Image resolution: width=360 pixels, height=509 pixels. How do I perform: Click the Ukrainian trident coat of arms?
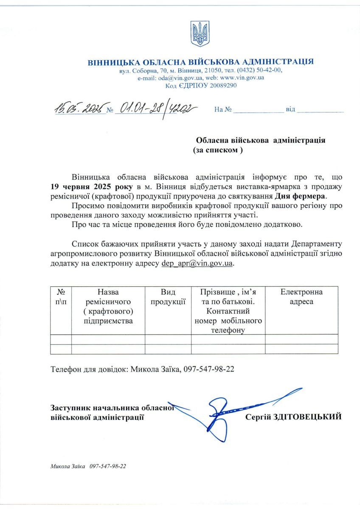(200, 34)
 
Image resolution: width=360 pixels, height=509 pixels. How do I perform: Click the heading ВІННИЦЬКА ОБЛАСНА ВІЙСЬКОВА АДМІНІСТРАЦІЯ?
(200, 62)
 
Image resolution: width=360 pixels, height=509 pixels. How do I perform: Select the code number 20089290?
(219, 86)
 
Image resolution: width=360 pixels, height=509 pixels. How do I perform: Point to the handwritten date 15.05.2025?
(79, 109)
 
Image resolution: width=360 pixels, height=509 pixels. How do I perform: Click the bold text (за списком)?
(217, 150)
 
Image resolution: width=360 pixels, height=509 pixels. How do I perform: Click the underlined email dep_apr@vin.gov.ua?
(197, 263)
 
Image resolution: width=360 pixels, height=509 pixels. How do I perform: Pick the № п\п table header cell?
(61, 297)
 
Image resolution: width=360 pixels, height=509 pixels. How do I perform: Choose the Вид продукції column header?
(168, 297)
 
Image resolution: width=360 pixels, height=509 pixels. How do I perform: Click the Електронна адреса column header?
(301, 297)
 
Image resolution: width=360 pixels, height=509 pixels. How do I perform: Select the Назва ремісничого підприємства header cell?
(108, 306)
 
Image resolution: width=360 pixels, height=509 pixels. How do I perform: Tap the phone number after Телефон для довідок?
(208, 369)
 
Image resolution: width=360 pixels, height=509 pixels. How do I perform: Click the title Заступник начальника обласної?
(113, 408)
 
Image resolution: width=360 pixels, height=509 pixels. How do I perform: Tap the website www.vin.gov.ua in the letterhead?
(242, 78)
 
